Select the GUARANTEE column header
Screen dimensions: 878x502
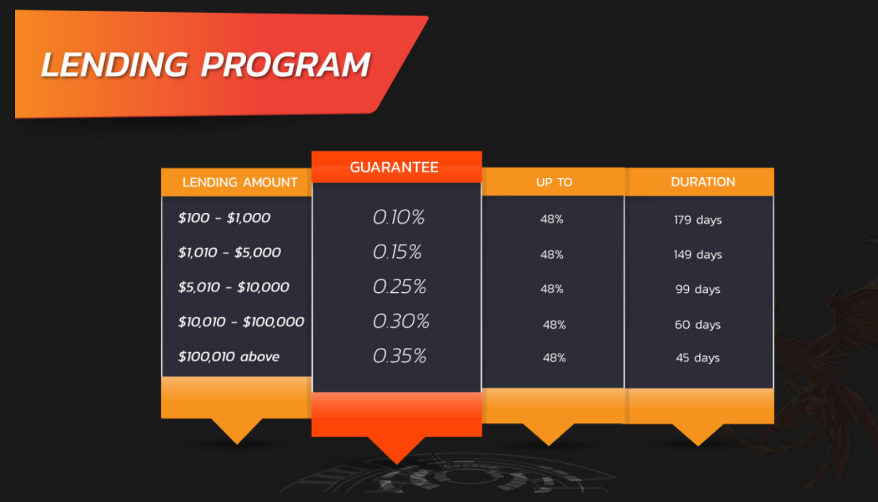395,167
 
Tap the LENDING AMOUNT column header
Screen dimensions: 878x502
240,182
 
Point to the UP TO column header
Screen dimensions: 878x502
554,182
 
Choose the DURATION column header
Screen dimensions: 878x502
703,182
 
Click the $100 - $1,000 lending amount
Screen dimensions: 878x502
224,218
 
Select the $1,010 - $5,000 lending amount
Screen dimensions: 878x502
229,253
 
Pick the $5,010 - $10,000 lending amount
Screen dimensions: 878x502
233,288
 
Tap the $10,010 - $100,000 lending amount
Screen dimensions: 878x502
241,322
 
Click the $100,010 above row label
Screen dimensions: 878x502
229,357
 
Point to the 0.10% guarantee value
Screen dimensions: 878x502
399,218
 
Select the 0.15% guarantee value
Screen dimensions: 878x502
397,252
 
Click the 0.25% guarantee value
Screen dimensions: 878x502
399,287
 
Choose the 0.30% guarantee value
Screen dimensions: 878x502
401,322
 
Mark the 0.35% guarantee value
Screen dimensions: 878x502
400,357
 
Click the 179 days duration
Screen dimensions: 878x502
698,220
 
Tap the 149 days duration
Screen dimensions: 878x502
698,255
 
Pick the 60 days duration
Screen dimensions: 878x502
698,325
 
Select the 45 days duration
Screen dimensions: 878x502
698,358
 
